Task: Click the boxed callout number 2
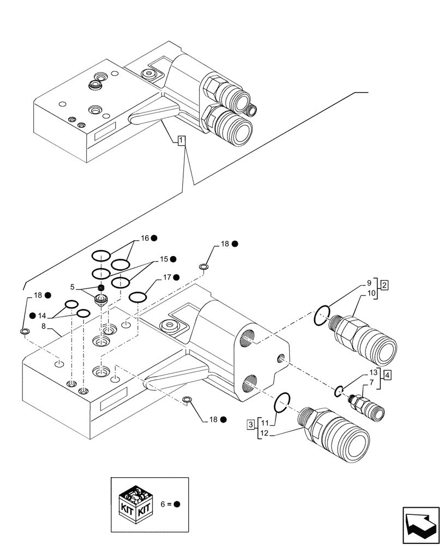tap(385, 285)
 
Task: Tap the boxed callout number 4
tap(386, 375)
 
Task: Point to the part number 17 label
tap(167, 277)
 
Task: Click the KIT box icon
tap(135, 504)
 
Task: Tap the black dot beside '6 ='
tap(177, 504)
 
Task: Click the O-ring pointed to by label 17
tap(137, 296)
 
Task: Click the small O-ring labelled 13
tap(339, 390)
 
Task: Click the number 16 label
tap(145, 238)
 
